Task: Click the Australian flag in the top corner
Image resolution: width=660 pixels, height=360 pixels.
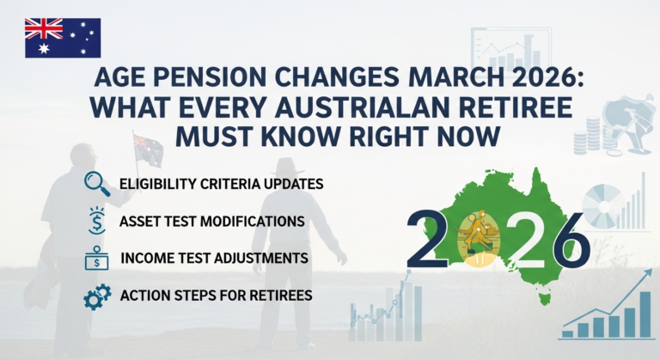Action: click(62, 37)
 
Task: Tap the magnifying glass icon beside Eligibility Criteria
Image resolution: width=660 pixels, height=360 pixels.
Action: click(96, 182)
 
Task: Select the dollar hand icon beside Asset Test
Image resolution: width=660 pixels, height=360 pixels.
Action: click(96, 221)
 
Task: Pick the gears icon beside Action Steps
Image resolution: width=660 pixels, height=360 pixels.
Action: click(96, 296)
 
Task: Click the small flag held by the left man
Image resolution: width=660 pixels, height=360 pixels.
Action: click(147, 149)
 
